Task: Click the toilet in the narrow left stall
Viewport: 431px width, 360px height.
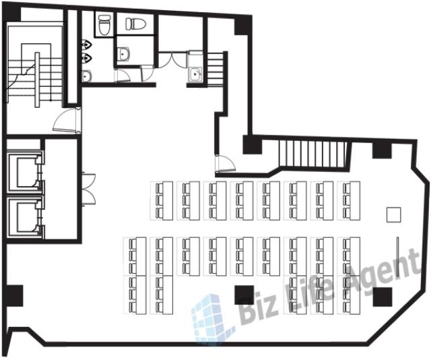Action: click(x=104, y=25)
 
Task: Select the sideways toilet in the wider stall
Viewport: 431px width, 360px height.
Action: click(x=135, y=24)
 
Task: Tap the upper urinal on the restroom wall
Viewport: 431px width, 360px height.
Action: click(x=86, y=44)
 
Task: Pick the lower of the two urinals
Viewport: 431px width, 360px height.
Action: click(x=86, y=58)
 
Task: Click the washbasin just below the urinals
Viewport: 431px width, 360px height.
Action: click(x=87, y=76)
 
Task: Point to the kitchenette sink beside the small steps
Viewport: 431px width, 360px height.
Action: click(x=195, y=73)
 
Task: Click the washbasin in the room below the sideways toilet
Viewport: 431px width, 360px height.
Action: click(x=123, y=54)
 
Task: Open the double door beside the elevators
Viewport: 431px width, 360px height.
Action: click(x=88, y=189)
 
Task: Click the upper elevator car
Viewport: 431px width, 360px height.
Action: click(x=24, y=171)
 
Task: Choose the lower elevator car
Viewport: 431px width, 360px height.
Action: click(x=24, y=216)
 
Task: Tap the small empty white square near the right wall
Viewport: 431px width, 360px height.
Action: click(x=393, y=215)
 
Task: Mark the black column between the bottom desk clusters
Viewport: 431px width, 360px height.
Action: click(x=244, y=295)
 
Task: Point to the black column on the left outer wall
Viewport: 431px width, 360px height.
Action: click(x=14, y=296)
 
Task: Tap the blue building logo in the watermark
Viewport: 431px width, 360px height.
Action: click(x=211, y=318)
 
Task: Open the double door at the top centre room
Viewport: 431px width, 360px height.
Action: click(x=172, y=59)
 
